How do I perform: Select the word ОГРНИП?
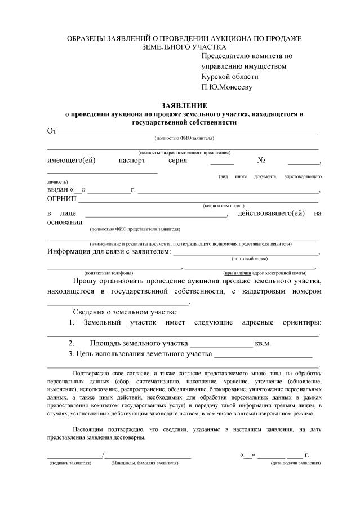63,198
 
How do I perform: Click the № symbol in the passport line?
261,161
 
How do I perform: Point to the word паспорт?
132,161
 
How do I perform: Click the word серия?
178,161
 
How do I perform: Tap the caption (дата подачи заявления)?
296,463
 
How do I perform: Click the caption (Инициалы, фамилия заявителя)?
145,463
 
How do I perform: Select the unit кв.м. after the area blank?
263,343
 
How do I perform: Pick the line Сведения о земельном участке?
125,312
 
